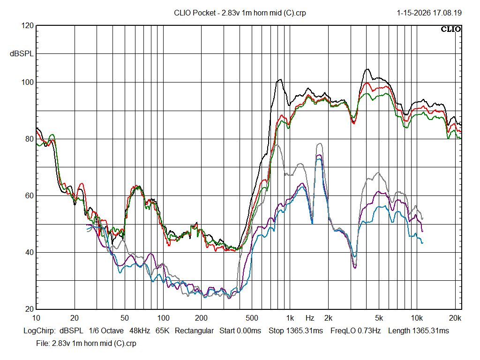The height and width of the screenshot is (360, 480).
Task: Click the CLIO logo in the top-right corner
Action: [451, 29]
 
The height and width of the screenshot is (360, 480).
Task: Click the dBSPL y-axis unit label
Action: [22, 54]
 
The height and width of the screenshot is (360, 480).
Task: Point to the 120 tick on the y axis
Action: [28, 26]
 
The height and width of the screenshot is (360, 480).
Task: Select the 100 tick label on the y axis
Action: [28, 82]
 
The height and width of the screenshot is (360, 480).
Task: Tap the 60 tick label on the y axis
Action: [29, 196]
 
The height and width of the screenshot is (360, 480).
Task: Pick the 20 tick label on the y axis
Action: [29, 309]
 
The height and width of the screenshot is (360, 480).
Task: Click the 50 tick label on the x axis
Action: [125, 318]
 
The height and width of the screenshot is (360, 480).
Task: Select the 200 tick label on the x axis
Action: [201, 318]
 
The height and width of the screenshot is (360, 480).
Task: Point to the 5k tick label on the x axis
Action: [379, 318]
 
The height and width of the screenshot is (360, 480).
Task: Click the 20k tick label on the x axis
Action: [455, 318]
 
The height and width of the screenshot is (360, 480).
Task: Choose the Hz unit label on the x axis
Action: [310, 318]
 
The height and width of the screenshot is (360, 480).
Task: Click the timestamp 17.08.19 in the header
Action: [447, 13]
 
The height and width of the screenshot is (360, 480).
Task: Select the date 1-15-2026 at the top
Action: [413, 13]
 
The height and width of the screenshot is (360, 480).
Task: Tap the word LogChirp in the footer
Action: [39, 331]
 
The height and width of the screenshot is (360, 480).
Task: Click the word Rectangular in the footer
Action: [194, 331]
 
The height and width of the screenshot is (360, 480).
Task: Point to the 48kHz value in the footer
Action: [140, 331]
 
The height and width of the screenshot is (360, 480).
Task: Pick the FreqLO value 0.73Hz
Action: [369, 331]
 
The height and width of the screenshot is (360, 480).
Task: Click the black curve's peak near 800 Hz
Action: [280, 80]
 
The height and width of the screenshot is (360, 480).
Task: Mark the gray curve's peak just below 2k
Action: [320, 143]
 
